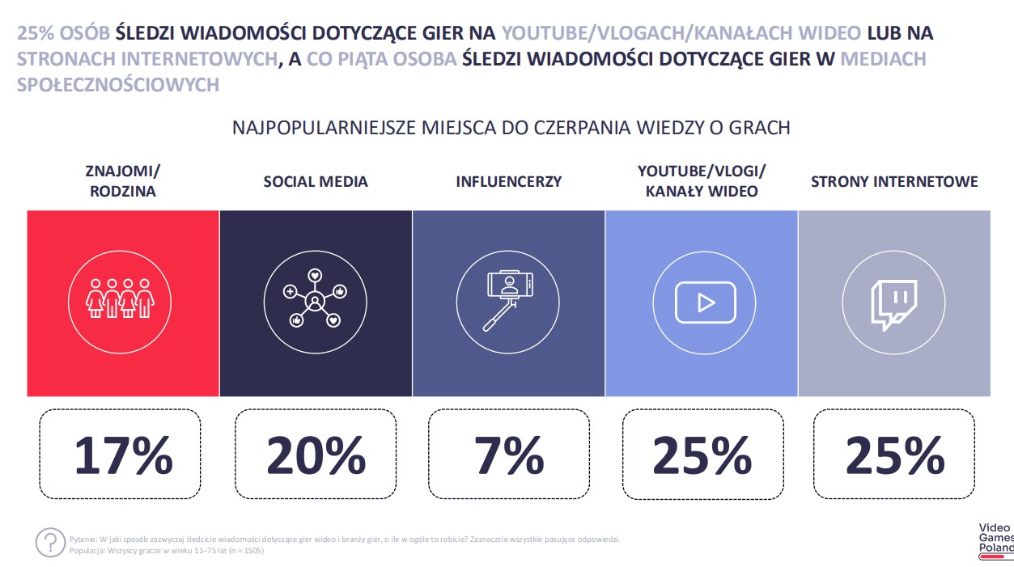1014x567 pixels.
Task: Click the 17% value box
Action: (120, 454)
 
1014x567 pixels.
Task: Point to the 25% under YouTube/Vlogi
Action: (702, 455)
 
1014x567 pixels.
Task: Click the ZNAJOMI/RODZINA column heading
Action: (123, 181)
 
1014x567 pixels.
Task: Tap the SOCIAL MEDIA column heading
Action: (316, 181)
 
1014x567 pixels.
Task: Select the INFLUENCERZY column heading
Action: (509, 181)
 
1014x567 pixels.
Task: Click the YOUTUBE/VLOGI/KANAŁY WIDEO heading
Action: (702, 181)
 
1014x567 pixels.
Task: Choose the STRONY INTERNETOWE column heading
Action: (894, 181)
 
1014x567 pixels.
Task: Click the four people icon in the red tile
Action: (120, 298)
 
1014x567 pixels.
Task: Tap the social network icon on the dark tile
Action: (315, 298)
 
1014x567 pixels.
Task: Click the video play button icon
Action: (706, 303)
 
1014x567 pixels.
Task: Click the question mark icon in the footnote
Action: (50, 542)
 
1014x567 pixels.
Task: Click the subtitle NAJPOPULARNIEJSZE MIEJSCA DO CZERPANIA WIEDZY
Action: (511, 128)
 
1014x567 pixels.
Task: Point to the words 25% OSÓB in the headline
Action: (63, 33)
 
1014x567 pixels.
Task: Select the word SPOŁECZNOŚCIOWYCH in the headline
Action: (118, 85)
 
